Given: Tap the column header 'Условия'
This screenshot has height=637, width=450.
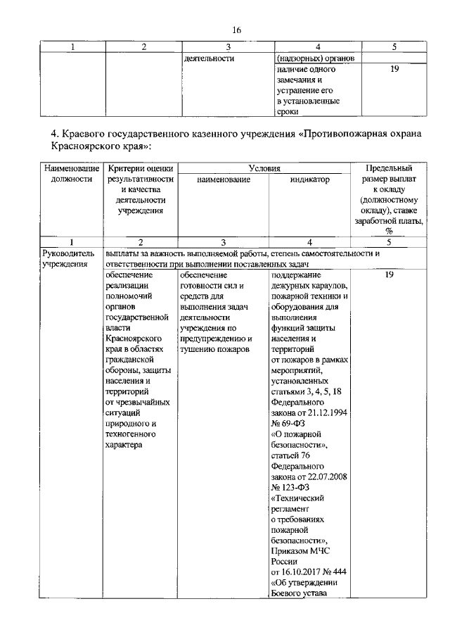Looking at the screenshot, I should (x=264, y=169).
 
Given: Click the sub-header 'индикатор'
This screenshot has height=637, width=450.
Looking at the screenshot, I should (x=309, y=180).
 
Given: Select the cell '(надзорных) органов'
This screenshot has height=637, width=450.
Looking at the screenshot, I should (x=310, y=58).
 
